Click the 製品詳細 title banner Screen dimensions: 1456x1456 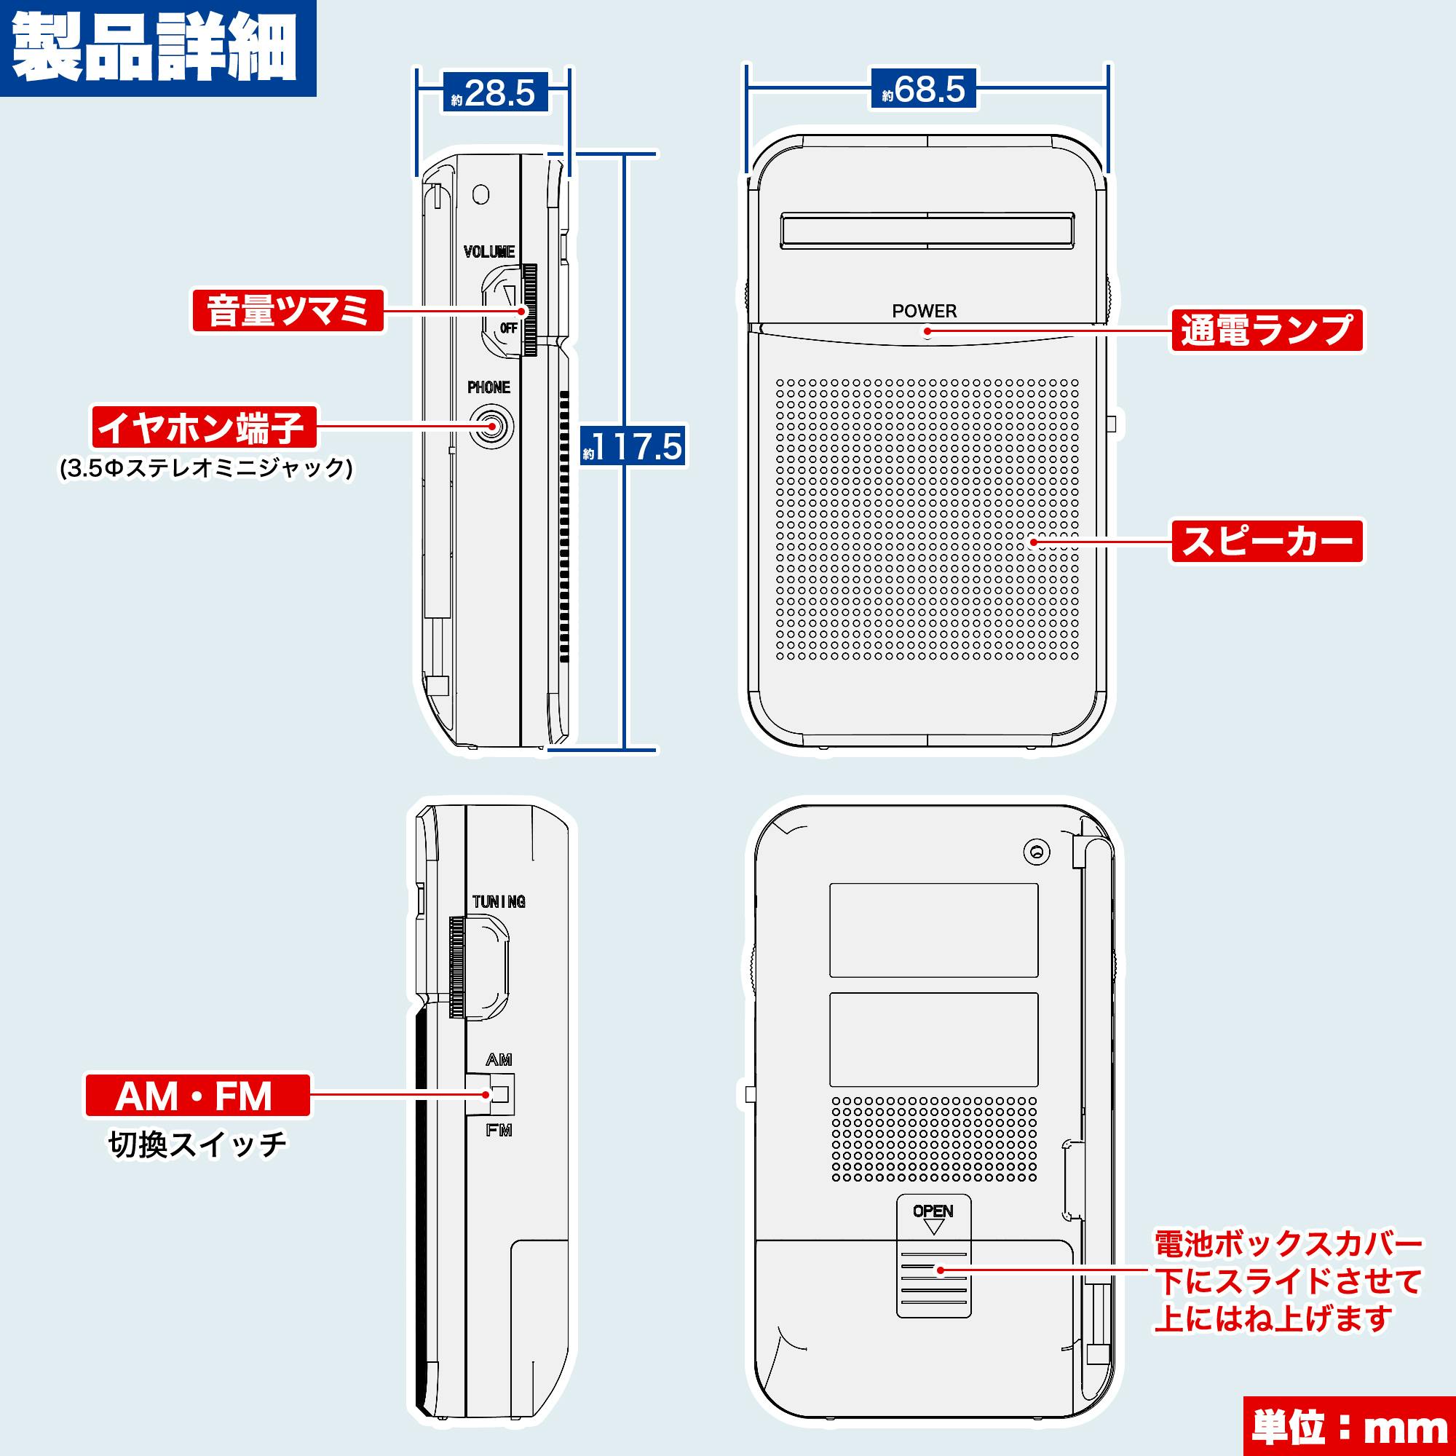tap(156, 47)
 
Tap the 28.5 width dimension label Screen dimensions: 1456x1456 tap(494, 92)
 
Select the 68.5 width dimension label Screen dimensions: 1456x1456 tap(923, 89)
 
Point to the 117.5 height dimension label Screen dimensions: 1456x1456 tap(633, 446)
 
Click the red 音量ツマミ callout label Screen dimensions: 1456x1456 tap(288, 311)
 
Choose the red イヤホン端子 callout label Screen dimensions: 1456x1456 tap(204, 427)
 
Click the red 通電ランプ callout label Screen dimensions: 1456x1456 tap(1267, 330)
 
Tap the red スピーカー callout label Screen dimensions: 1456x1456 tap(1267, 540)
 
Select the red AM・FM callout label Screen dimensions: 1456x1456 tap(197, 1096)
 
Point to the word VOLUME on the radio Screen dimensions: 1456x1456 tap(489, 252)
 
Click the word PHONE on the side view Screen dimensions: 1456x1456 tap(488, 387)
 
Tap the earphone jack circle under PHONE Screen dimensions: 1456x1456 tap(491, 427)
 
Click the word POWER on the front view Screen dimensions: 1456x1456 tap(924, 311)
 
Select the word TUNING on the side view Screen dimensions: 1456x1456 tap(498, 901)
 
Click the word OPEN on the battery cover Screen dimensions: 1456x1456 tap(933, 1211)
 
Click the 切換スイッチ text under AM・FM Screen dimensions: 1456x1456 tap(197, 1144)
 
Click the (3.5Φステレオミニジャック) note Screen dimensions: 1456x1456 tap(207, 469)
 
